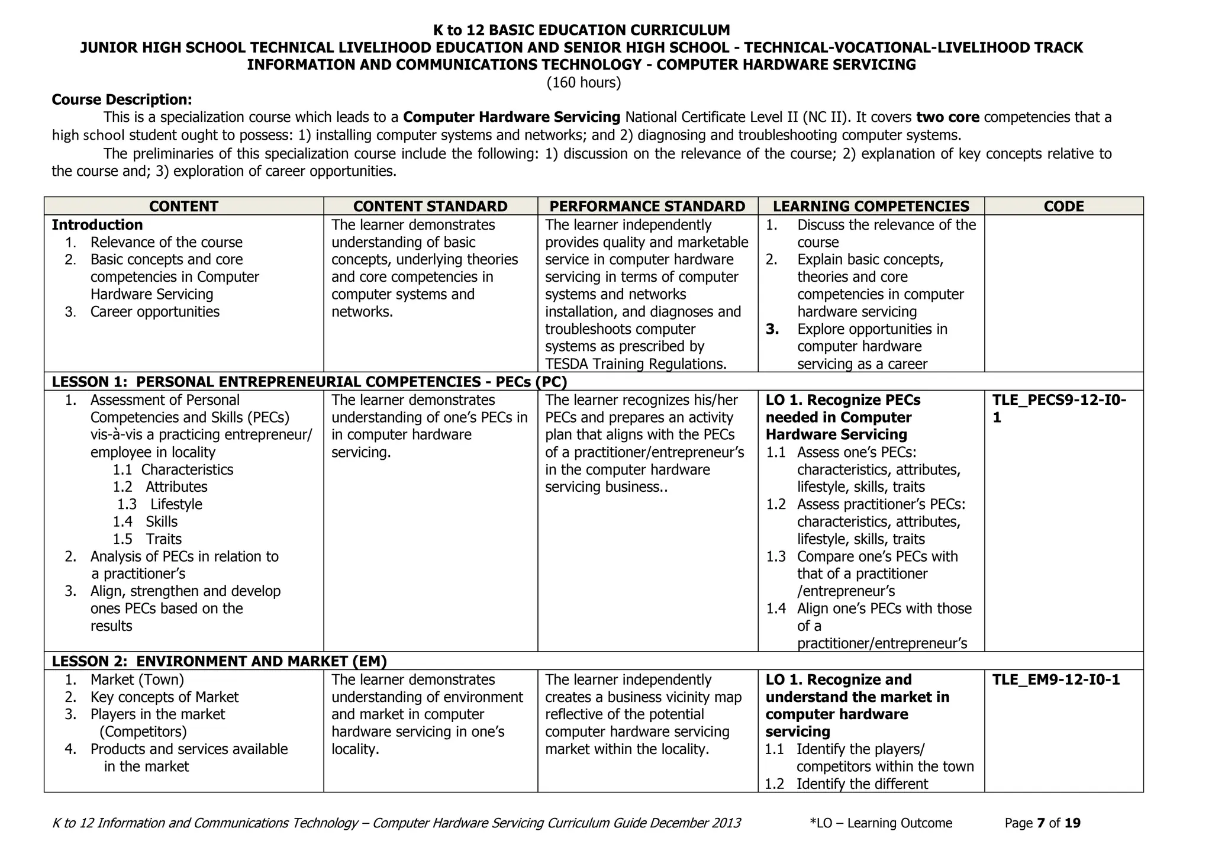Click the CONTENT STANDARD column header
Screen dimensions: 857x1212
(x=430, y=206)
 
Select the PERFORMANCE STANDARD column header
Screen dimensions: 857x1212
(x=647, y=206)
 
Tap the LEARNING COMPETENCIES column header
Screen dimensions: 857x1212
(x=871, y=206)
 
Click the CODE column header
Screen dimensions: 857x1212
(x=1064, y=206)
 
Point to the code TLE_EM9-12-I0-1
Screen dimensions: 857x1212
(x=1056, y=679)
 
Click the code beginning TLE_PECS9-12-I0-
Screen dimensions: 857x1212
(x=1059, y=401)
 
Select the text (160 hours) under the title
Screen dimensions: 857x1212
(x=584, y=82)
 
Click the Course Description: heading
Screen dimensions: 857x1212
(x=122, y=99)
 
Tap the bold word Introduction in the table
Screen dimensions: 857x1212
(x=97, y=225)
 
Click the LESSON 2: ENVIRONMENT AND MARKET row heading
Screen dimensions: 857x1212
(x=219, y=661)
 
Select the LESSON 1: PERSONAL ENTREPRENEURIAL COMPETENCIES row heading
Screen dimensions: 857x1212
(x=309, y=382)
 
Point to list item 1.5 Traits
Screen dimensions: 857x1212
(x=148, y=539)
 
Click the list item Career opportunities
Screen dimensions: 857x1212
(x=154, y=312)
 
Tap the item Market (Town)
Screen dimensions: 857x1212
(x=137, y=679)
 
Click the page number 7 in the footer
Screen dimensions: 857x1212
(x=1041, y=823)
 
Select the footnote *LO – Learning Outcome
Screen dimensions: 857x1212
(x=881, y=823)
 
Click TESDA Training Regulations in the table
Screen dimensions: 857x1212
(x=635, y=364)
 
